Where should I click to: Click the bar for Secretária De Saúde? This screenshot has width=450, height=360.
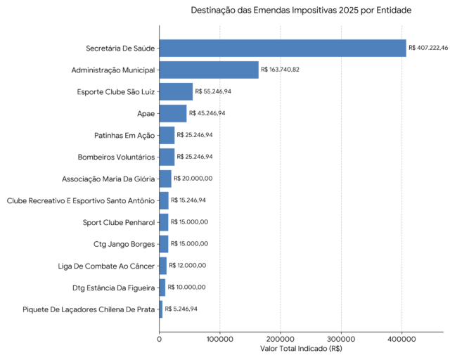point(283,49)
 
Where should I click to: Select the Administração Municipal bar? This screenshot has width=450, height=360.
point(209,70)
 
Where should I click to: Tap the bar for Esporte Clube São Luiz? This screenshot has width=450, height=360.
point(176,91)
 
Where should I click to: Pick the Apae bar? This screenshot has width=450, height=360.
point(173,113)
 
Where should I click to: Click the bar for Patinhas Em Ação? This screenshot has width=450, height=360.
point(167,135)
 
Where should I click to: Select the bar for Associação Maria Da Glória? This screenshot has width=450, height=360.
point(165,179)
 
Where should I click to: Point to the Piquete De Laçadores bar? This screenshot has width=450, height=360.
point(161,309)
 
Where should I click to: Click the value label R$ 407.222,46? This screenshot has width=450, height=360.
point(428,48)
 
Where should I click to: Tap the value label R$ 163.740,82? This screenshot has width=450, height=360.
point(280,70)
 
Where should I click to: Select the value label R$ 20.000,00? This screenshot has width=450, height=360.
point(193,179)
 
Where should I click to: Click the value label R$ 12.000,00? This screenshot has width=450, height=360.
point(188,265)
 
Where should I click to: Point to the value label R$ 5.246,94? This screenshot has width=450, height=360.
point(181,309)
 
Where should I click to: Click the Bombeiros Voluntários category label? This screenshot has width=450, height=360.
point(116,157)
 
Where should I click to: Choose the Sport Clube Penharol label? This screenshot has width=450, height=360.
point(119,222)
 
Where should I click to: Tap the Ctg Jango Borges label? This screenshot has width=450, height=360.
point(124,244)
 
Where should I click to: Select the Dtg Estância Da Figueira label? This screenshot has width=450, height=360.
point(114,288)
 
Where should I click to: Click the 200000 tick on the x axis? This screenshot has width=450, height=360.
point(281,339)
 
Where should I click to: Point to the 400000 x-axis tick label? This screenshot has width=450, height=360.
point(401,339)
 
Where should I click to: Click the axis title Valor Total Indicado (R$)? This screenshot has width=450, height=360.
point(301,349)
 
